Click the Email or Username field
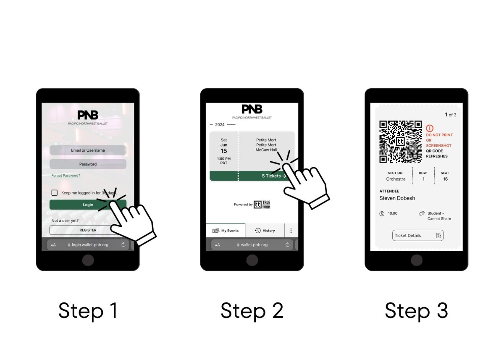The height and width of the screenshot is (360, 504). pos(88,150)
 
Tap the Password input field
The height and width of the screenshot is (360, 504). pos(88,164)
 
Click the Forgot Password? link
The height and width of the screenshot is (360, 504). pos(66,176)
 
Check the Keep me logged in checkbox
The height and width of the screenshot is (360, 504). pos(55,193)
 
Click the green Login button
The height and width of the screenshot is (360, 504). pos(88,205)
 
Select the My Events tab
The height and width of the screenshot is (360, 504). pos(226,231)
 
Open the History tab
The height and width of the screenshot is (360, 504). pos(265,231)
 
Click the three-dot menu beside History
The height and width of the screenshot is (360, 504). pos(291,231)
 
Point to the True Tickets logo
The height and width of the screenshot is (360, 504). pos(263,205)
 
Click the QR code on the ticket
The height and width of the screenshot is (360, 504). pos(400,142)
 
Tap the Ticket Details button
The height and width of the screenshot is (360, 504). pos(417,236)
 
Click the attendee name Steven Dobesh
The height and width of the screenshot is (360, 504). pos(397,198)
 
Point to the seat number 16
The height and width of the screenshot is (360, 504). pos(445,179)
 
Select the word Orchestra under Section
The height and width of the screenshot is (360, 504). pos(396,179)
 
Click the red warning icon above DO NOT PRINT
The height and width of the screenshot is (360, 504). pos(429,128)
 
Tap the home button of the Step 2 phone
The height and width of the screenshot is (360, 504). pos(252,260)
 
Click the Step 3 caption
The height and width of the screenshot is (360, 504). pos(416,311)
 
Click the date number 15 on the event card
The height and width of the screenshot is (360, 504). pos(224,151)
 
